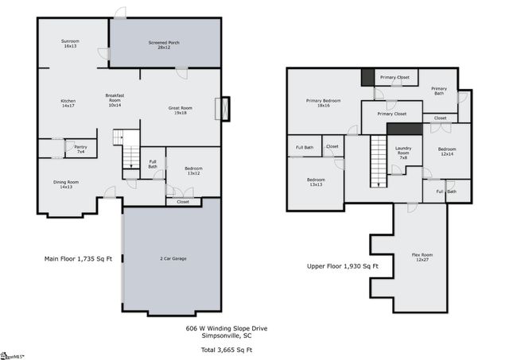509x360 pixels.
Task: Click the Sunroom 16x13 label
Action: [x=70, y=44]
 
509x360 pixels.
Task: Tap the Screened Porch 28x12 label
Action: [x=164, y=45]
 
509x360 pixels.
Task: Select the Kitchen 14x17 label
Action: [x=68, y=103]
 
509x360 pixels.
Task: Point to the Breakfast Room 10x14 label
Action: [x=115, y=99]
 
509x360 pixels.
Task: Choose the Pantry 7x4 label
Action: [x=80, y=149]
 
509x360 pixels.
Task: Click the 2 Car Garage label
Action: [x=173, y=258]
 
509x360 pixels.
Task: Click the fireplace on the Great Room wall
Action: [x=224, y=108]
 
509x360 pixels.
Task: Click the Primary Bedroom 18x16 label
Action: [x=323, y=103]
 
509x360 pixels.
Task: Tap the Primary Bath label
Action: [x=439, y=91]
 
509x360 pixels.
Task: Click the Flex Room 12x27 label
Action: [x=422, y=258]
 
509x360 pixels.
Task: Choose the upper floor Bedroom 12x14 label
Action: [x=446, y=151]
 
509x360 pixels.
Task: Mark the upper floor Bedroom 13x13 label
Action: [x=316, y=182]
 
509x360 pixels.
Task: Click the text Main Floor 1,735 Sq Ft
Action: [x=82, y=259]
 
